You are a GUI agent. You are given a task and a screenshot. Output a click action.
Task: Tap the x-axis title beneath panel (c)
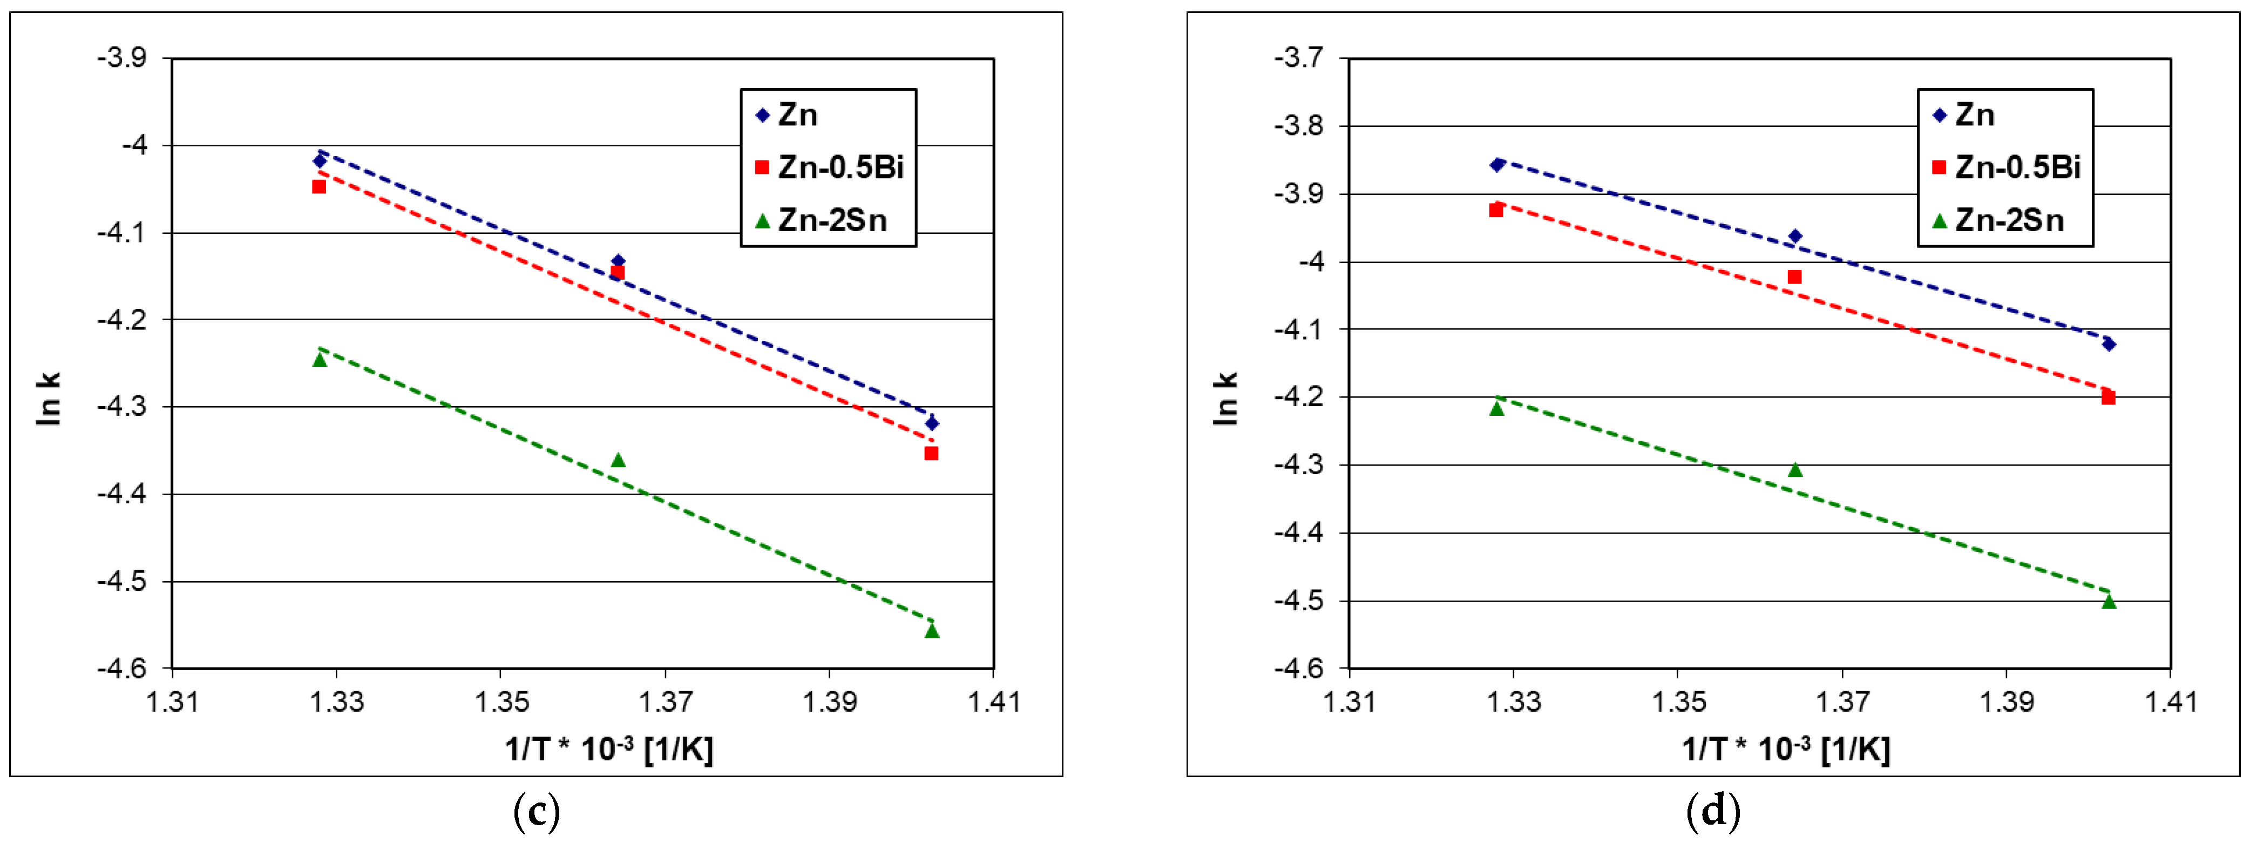[x=609, y=748]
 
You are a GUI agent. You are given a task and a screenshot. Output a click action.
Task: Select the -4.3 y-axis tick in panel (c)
[x=123, y=407]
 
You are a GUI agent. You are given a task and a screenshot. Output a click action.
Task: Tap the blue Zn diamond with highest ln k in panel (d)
[x=1497, y=164]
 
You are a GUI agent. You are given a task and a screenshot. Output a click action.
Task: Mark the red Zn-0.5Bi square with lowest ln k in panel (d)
[x=2109, y=397]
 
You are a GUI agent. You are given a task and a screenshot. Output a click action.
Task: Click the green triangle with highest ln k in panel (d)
[x=1497, y=408]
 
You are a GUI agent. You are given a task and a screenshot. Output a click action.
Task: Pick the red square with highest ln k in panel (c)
[x=320, y=186]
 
